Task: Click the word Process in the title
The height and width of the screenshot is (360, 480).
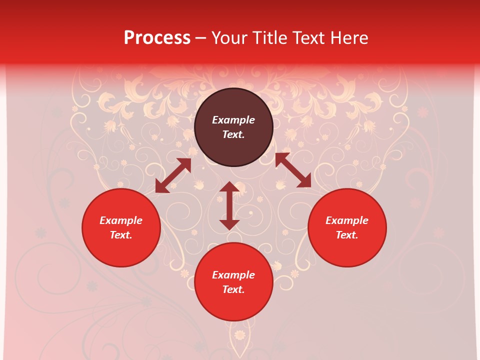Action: (157, 38)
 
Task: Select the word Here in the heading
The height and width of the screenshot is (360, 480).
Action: (348, 38)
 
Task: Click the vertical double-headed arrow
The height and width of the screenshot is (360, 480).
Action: (229, 205)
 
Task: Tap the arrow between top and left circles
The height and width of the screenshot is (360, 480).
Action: (173, 175)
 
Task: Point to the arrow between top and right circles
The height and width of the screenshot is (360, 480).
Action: (293, 170)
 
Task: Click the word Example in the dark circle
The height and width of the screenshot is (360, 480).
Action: (233, 120)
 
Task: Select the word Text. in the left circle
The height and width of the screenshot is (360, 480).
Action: (121, 235)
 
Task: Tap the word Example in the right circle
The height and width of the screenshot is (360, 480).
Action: (347, 220)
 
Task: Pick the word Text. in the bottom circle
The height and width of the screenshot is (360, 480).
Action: (233, 289)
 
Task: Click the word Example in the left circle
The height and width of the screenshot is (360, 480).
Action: (121, 220)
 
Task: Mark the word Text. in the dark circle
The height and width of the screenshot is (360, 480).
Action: (233, 134)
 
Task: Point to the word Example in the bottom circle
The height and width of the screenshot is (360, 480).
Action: (233, 275)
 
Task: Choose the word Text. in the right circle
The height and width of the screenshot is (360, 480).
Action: (347, 235)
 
